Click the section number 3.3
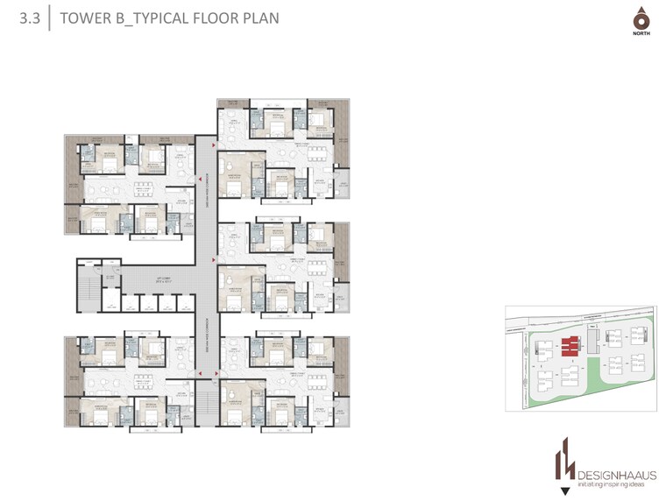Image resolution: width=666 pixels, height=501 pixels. coord(30,17)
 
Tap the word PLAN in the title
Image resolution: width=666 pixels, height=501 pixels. coord(259,17)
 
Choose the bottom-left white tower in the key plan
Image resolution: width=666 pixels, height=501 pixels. coord(544,379)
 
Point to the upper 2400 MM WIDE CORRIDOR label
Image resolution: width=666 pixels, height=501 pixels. coord(205,188)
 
